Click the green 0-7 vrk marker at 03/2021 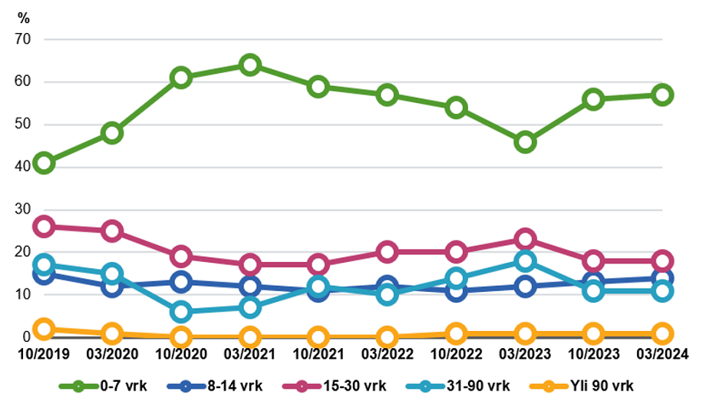click(x=249, y=65)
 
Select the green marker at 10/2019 click(x=44, y=163)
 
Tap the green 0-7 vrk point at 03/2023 click(x=525, y=142)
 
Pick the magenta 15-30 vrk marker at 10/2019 click(x=44, y=227)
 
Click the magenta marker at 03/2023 click(x=525, y=239)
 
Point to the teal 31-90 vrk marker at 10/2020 click(x=181, y=312)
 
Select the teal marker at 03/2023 click(x=525, y=260)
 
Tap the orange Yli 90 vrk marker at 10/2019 click(x=44, y=329)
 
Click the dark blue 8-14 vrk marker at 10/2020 click(x=181, y=282)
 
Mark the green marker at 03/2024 click(x=662, y=94)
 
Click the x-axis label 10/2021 click(x=318, y=354)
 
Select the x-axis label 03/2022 click(x=388, y=354)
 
